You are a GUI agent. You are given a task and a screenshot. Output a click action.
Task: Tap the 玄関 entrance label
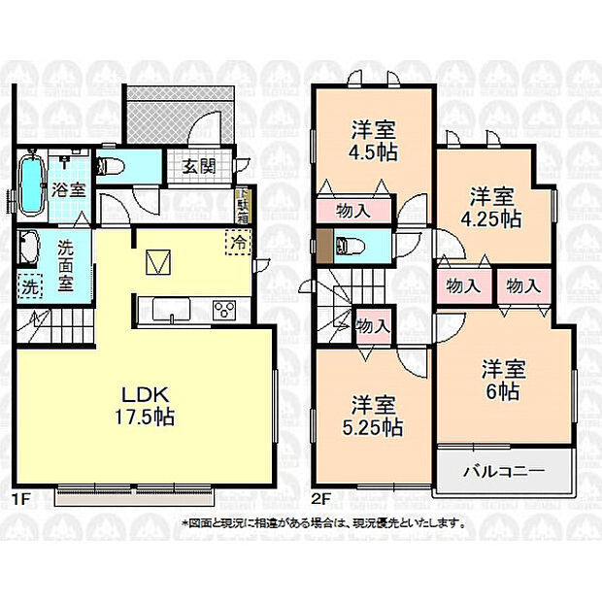pyautogui.click(x=198, y=165)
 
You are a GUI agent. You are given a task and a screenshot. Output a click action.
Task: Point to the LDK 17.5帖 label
pyautogui.click(x=146, y=407)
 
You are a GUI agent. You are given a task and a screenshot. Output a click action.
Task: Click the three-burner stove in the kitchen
pyautogui.click(x=225, y=311)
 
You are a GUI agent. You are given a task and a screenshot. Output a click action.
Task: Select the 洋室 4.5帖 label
pyautogui.click(x=372, y=140)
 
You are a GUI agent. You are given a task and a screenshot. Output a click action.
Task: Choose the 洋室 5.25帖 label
pyautogui.click(x=374, y=416)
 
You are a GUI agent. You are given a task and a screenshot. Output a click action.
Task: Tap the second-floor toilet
pyautogui.click(x=346, y=246)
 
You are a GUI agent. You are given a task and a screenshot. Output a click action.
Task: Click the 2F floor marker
pyautogui.click(x=321, y=501)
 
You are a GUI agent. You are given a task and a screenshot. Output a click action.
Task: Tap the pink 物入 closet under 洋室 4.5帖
pyautogui.click(x=351, y=210)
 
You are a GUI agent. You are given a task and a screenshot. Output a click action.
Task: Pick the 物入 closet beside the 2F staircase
pyautogui.click(x=373, y=326)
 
